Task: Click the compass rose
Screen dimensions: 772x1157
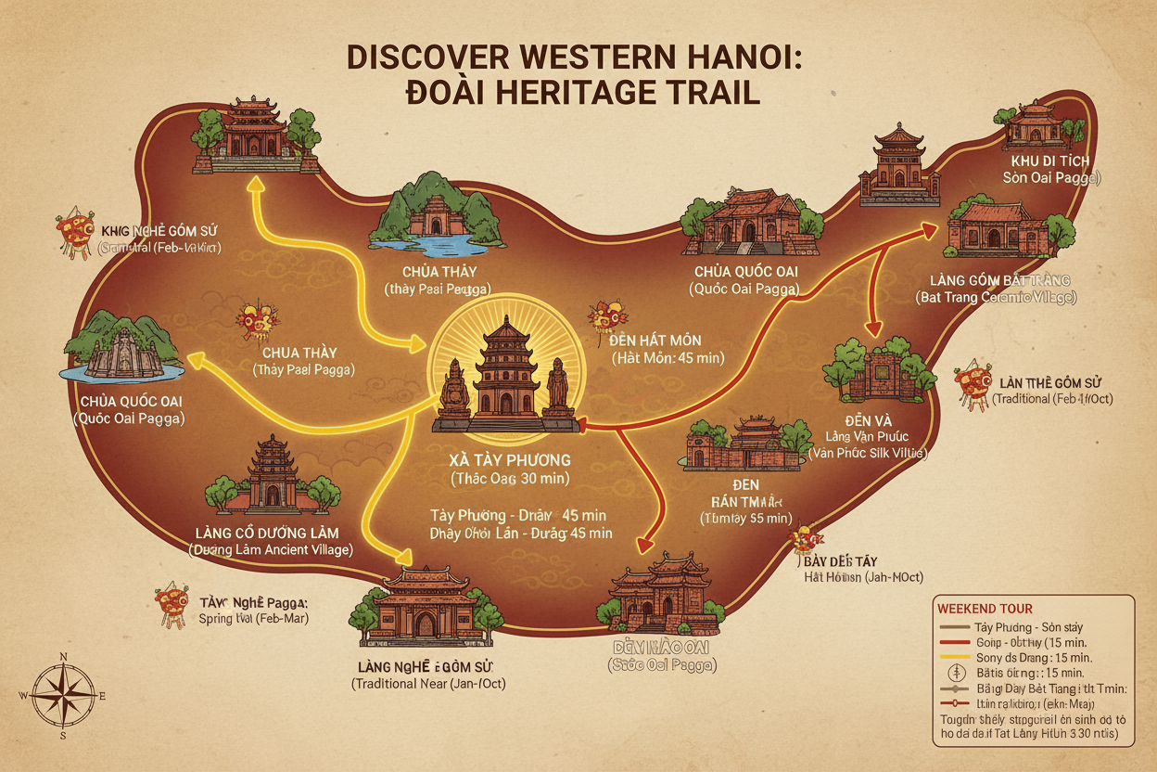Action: coord(64,695)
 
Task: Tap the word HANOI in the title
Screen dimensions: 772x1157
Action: coord(726,58)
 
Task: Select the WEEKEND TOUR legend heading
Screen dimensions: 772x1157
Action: coord(985,610)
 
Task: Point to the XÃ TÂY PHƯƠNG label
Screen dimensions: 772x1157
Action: coord(509,460)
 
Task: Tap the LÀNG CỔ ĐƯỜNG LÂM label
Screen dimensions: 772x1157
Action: coord(268,533)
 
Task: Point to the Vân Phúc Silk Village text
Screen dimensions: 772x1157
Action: coord(867,453)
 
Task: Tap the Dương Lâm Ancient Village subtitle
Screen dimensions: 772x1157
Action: coord(270,549)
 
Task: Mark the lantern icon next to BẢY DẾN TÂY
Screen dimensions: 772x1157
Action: coord(803,542)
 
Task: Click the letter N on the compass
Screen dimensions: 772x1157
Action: coord(63,657)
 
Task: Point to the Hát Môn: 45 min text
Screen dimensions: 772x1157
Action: coord(667,357)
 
